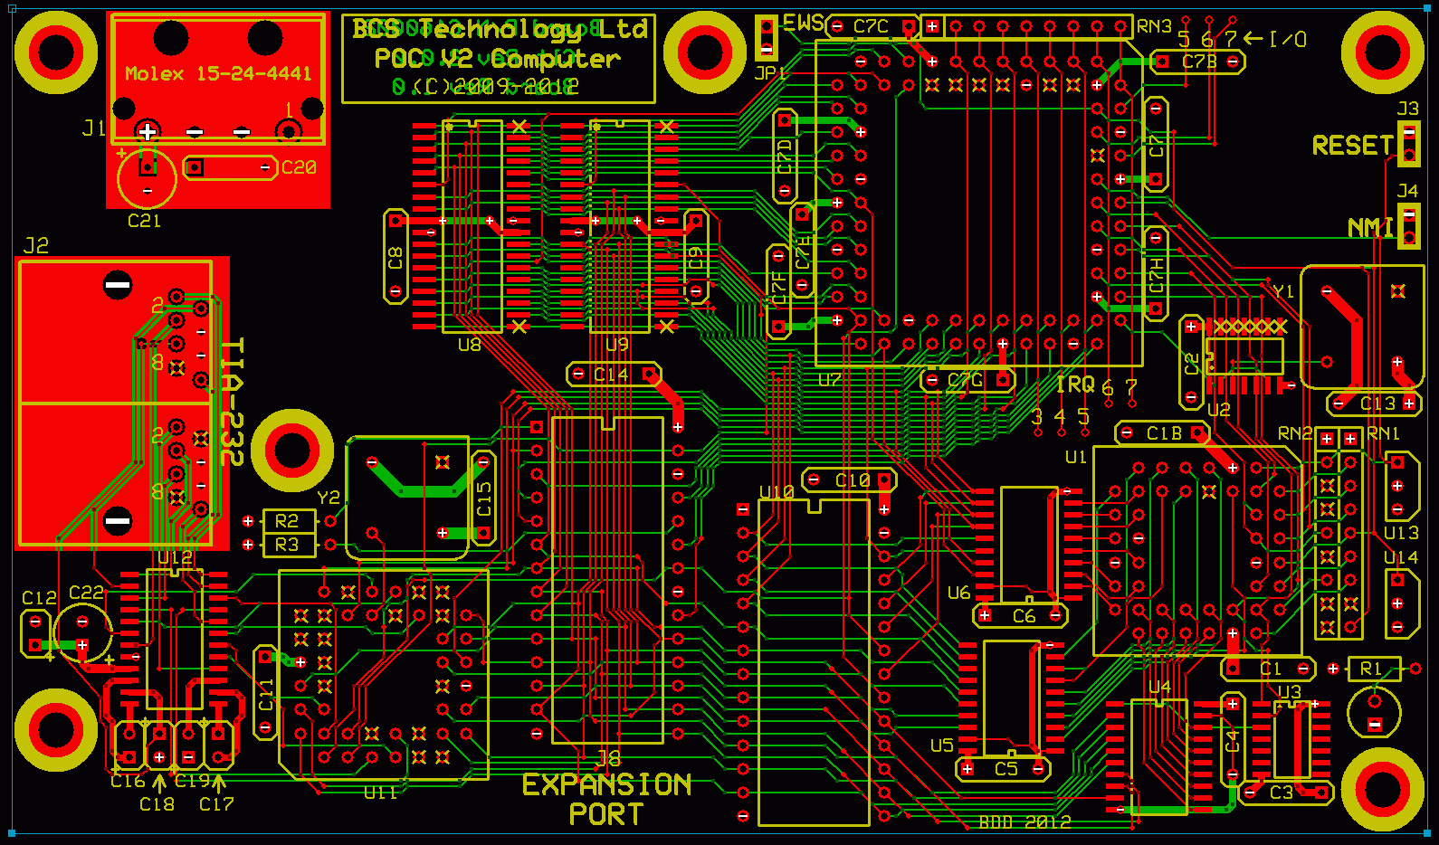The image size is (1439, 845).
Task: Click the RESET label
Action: [x=1352, y=146]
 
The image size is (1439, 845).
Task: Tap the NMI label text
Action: [x=1370, y=227]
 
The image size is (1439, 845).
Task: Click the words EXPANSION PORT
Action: [x=606, y=799]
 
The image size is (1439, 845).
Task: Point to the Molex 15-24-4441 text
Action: [x=218, y=73]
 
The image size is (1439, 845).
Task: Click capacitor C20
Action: [x=231, y=167]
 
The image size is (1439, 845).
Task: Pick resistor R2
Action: [x=288, y=521]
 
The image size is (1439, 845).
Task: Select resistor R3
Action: [x=288, y=545]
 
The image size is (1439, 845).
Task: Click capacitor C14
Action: [x=613, y=374]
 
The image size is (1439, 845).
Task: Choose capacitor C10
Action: [x=849, y=480]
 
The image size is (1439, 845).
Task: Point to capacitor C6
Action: [x=1020, y=616]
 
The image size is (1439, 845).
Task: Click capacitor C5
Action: [x=1003, y=769]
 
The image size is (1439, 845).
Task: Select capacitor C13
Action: [x=1373, y=404]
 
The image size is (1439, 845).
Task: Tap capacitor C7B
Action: [x=1197, y=62]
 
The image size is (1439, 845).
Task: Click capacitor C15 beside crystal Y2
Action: [x=484, y=498]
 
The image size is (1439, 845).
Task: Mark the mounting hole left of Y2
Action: [x=291, y=450]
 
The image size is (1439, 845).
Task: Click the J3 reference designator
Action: [x=1407, y=109]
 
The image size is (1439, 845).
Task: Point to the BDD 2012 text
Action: [x=1024, y=822]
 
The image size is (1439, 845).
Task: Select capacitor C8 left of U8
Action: [x=395, y=257]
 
